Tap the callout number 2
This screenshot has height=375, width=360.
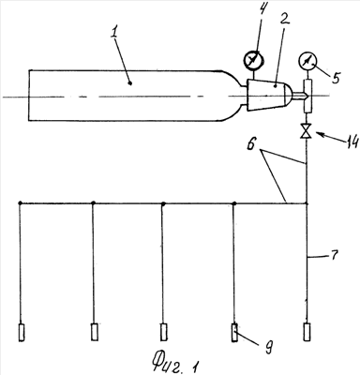coord(284,20)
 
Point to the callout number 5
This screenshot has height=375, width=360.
coord(335,77)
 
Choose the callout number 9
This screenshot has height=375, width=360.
coord(269,347)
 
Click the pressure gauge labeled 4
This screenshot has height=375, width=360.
coord(253,59)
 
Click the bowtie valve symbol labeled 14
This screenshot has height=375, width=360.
coord(306,131)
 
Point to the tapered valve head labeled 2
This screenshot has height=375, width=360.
coord(269,95)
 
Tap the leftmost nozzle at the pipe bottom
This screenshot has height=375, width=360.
coord(22,332)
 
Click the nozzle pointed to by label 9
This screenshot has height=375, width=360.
coord(234,333)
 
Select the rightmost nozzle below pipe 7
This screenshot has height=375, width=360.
coord(307,332)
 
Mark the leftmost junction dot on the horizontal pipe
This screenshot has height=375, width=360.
coord(20,203)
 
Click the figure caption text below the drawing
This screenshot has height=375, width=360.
coord(176,363)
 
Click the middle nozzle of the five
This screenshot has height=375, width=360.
coord(163,332)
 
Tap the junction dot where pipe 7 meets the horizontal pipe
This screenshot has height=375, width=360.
coord(307,203)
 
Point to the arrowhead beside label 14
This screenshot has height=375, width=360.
coord(319,135)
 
